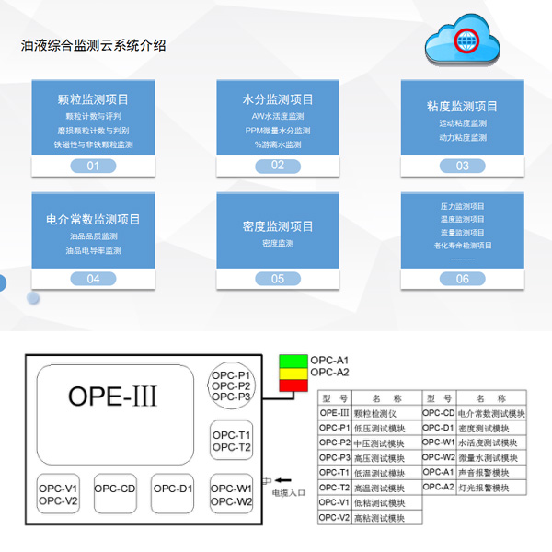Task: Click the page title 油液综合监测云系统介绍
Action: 93,45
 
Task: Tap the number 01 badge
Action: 93,166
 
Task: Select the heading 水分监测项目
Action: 278,99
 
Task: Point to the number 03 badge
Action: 462,166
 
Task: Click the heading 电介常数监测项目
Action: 93,219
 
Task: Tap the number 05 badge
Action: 278,279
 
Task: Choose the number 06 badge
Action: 462,279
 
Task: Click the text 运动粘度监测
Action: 463,123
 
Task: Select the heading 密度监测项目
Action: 278,225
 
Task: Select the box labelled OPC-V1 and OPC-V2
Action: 58,495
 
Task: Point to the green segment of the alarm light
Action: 293,360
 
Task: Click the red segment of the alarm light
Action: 293,384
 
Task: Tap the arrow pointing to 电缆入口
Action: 285,479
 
